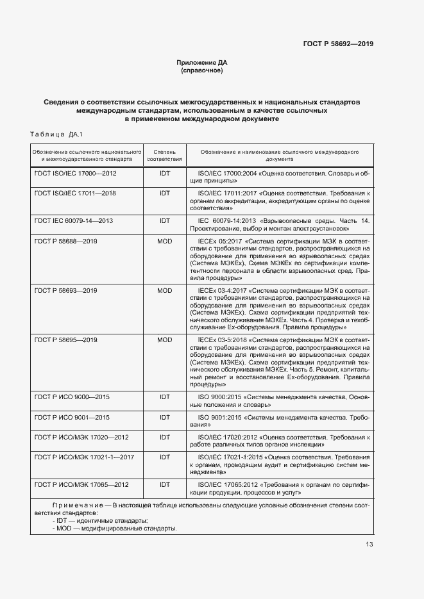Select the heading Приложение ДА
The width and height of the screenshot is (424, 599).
[202, 62]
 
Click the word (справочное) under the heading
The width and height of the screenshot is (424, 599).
[202, 70]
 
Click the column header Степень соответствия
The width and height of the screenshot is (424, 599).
[164, 154]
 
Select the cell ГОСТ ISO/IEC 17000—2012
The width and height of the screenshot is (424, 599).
[75, 173]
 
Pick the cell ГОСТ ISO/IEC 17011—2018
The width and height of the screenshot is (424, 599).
[75, 193]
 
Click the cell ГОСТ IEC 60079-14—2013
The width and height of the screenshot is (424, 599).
[74, 220]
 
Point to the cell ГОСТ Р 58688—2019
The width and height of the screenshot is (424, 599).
[65, 240]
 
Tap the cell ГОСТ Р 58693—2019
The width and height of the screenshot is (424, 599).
[65, 290]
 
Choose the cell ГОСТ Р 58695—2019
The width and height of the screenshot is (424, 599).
[65, 340]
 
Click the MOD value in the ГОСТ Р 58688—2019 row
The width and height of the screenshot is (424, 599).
[164, 240]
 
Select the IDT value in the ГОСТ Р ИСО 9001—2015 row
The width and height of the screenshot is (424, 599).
[164, 417]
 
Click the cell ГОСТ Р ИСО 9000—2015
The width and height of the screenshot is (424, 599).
[72, 397]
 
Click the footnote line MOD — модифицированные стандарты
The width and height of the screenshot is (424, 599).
[115, 529]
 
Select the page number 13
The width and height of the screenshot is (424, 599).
[369, 544]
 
